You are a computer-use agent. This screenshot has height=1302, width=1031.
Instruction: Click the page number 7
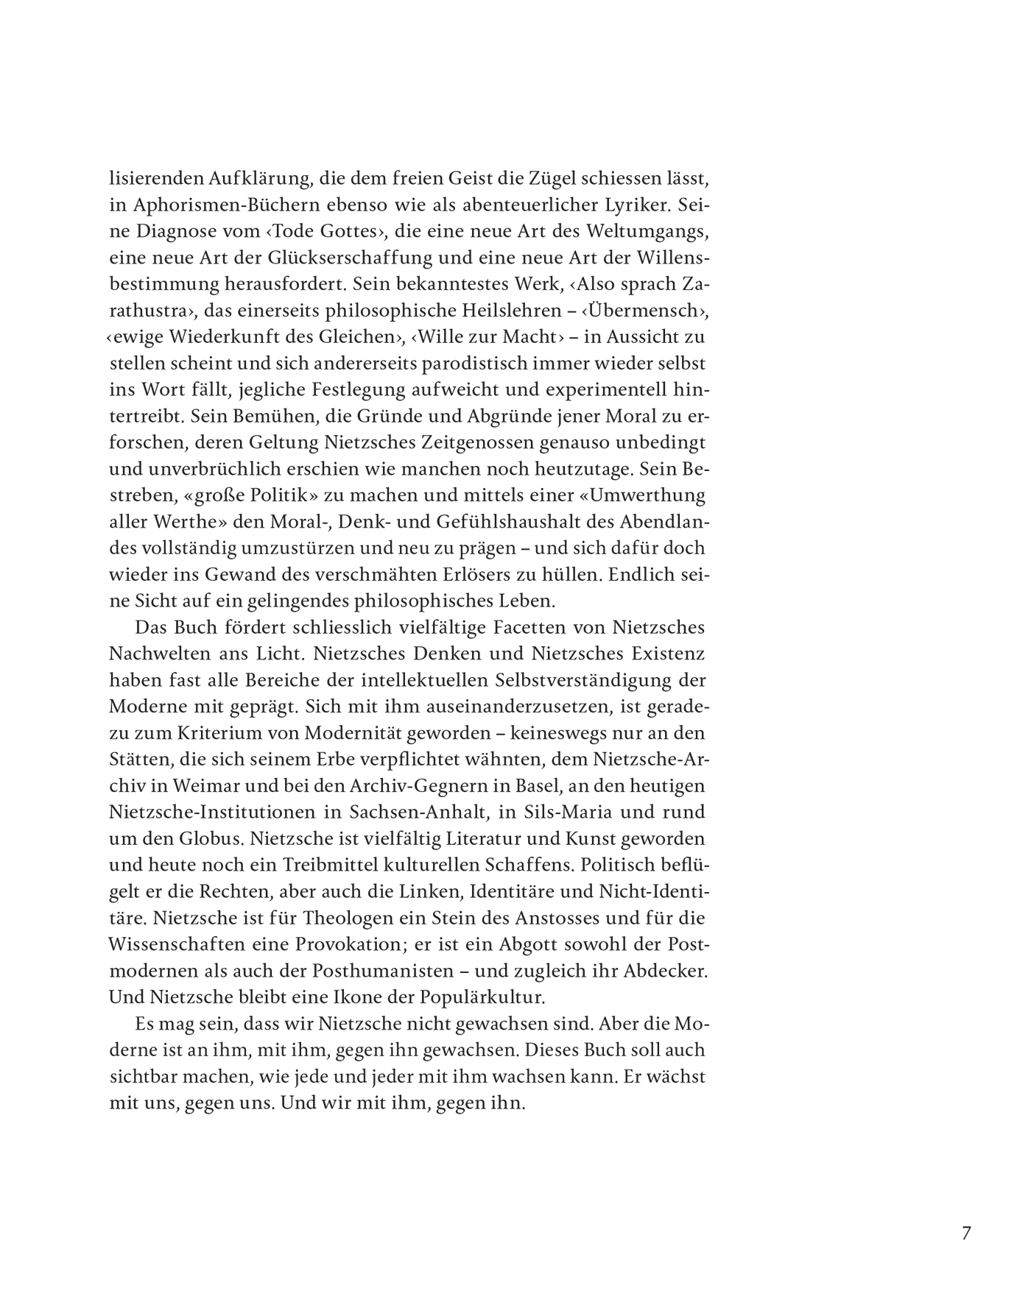coord(966,1233)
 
